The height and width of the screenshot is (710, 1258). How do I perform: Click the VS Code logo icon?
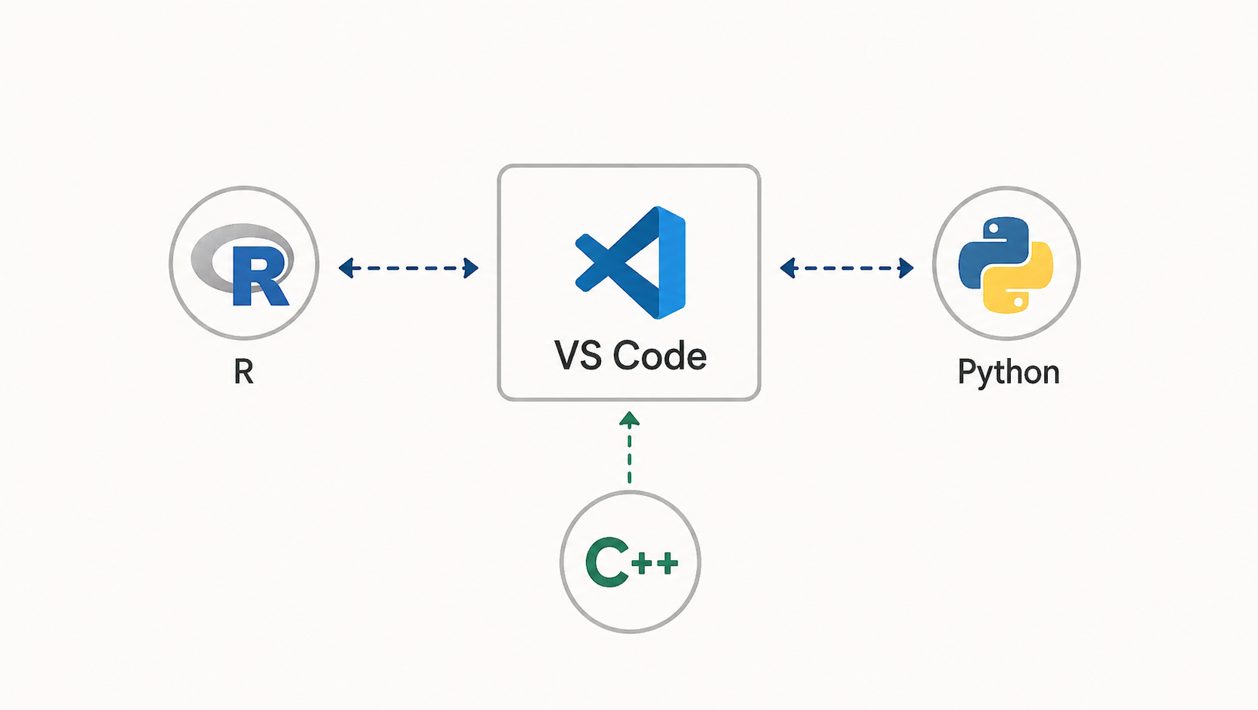click(x=630, y=263)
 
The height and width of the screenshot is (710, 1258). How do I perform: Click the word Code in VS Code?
click(x=659, y=356)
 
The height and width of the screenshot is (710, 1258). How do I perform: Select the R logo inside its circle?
click(x=243, y=265)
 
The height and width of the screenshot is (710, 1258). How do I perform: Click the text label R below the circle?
click(x=244, y=372)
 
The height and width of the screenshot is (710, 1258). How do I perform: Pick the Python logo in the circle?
click(x=1006, y=265)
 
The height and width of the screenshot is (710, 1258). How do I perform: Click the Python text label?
click(x=1009, y=372)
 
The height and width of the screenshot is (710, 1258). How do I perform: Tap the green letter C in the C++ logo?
click(x=606, y=562)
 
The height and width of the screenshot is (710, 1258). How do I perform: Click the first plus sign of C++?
click(x=643, y=563)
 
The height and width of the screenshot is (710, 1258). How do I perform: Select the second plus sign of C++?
click(x=667, y=563)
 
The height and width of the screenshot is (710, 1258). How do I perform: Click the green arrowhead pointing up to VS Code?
click(x=630, y=418)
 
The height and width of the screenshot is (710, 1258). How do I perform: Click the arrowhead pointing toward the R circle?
click(x=346, y=268)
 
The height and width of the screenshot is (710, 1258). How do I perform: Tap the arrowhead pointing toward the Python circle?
click(x=906, y=268)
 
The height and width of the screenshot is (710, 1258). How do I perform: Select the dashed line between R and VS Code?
click(x=408, y=268)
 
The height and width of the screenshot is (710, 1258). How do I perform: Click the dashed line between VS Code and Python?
click(x=847, y=268)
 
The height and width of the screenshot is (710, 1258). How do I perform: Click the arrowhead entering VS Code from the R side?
click(x=472, y=268)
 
